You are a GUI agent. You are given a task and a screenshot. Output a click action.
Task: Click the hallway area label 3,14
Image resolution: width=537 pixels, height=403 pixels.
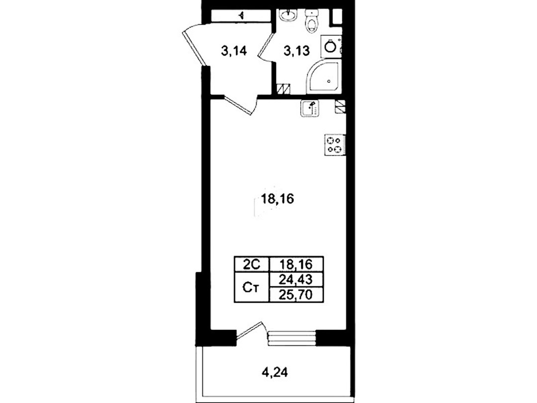(234, 51)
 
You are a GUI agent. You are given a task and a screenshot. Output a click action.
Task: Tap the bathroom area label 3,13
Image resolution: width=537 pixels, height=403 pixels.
(296, 51)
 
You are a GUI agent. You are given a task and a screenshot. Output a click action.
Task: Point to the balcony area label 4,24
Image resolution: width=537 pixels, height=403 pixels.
(274, 372)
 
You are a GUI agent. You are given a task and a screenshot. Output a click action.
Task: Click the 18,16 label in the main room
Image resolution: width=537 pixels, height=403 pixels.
(277, 199)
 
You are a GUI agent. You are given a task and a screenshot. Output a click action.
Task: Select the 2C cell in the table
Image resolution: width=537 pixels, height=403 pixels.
(252, 264)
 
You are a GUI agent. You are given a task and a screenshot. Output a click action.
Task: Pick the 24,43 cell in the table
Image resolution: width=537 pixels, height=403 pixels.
(296, 280)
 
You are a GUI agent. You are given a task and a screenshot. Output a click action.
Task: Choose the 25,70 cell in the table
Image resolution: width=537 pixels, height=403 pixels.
(296, 295)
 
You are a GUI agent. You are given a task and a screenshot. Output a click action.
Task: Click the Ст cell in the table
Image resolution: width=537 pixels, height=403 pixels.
(252, 287)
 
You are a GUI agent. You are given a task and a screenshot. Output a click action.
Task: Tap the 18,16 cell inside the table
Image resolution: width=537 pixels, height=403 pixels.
(296, 264)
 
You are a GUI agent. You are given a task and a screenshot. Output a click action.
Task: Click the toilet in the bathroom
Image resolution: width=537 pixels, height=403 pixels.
(312, 21)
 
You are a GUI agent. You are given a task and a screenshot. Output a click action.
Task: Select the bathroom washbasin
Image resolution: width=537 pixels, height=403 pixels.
(287, 15)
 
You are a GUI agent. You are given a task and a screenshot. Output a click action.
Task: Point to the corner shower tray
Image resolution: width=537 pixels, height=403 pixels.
(324, 77)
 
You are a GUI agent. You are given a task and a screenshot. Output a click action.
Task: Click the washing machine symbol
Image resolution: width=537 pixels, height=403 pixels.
(331, 46)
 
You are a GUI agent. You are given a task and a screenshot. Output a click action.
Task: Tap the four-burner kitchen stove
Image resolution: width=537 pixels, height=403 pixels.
(335, 145)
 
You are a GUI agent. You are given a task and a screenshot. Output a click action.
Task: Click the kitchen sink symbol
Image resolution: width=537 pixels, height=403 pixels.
(310, 108)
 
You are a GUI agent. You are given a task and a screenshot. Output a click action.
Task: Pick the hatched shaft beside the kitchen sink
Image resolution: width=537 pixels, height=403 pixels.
(341, 106)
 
